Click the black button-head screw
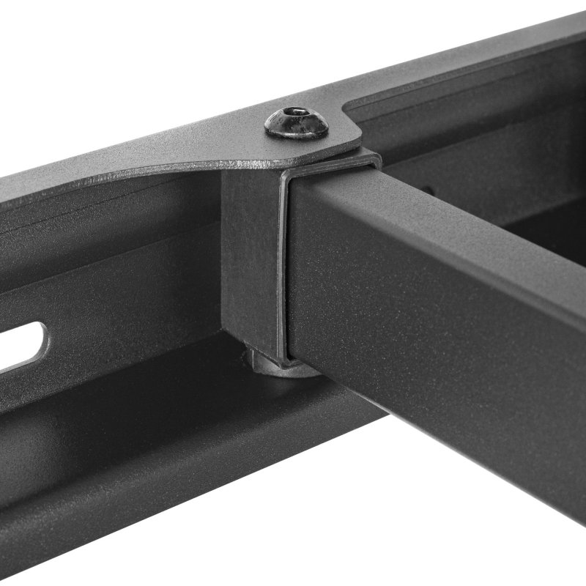tap(296, 122)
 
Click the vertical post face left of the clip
tap(245, 256)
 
